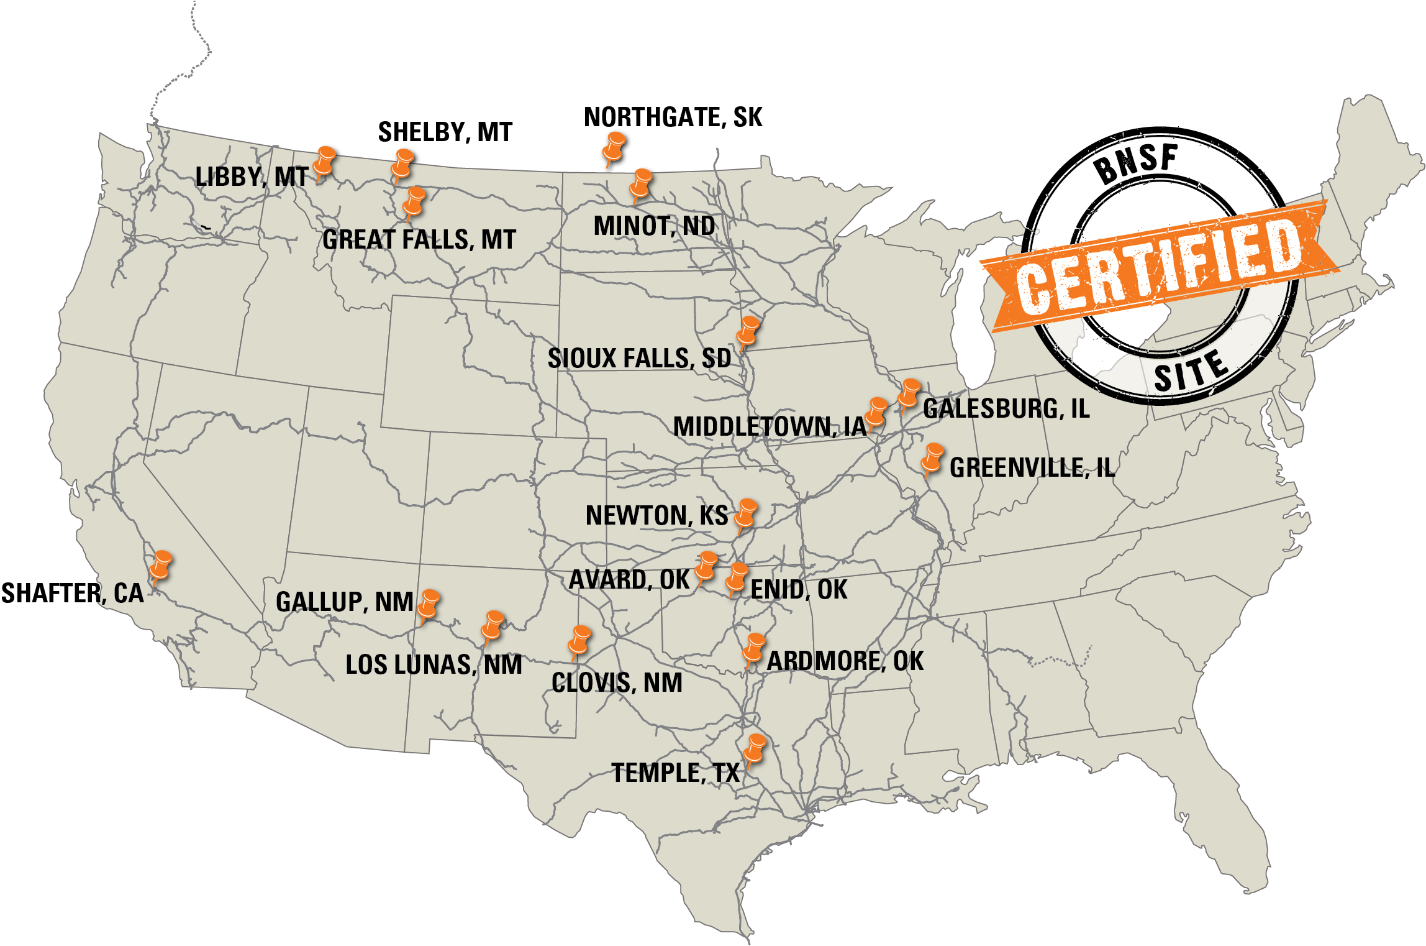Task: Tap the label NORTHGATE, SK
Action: (673, 117)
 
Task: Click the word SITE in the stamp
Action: (1190, 371)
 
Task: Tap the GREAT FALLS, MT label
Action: (419, 240)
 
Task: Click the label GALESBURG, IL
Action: (1006, 409)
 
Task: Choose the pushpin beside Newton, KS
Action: (745, 513)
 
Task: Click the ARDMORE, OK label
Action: (845, 661)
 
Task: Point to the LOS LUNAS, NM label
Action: (434, 665)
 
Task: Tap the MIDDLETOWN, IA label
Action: (770, 427)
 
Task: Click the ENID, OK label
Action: (799, 589)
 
